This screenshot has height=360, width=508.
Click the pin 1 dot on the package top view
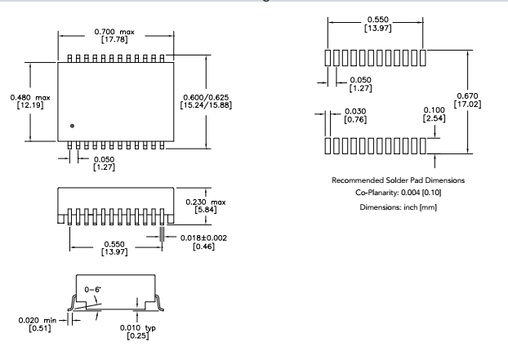point(72,126)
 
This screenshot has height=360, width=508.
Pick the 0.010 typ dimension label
point(141,329)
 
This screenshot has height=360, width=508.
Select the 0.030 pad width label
point(354,112)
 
